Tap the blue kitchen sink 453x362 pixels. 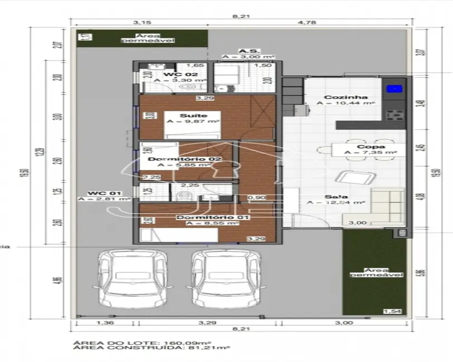394,88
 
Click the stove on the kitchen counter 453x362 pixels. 394,115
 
